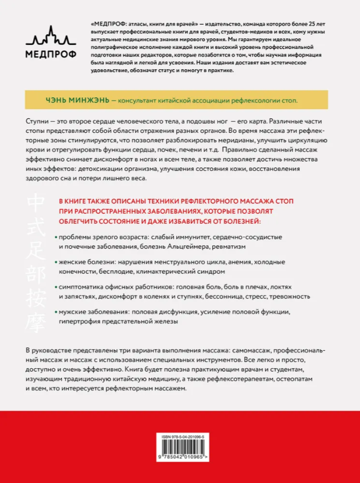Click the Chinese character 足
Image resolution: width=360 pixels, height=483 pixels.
coord(39,255)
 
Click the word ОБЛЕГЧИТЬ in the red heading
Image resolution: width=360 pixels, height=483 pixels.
coord(84,221)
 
